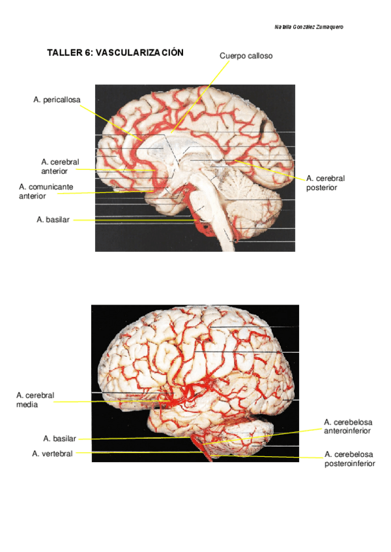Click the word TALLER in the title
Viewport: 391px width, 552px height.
[64, 53]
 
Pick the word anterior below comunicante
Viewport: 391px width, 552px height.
[33, 195]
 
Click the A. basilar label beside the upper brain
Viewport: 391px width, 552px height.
[53, 220]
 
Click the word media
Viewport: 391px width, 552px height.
[28, 404]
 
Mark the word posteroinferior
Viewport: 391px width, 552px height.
[349, 463]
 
